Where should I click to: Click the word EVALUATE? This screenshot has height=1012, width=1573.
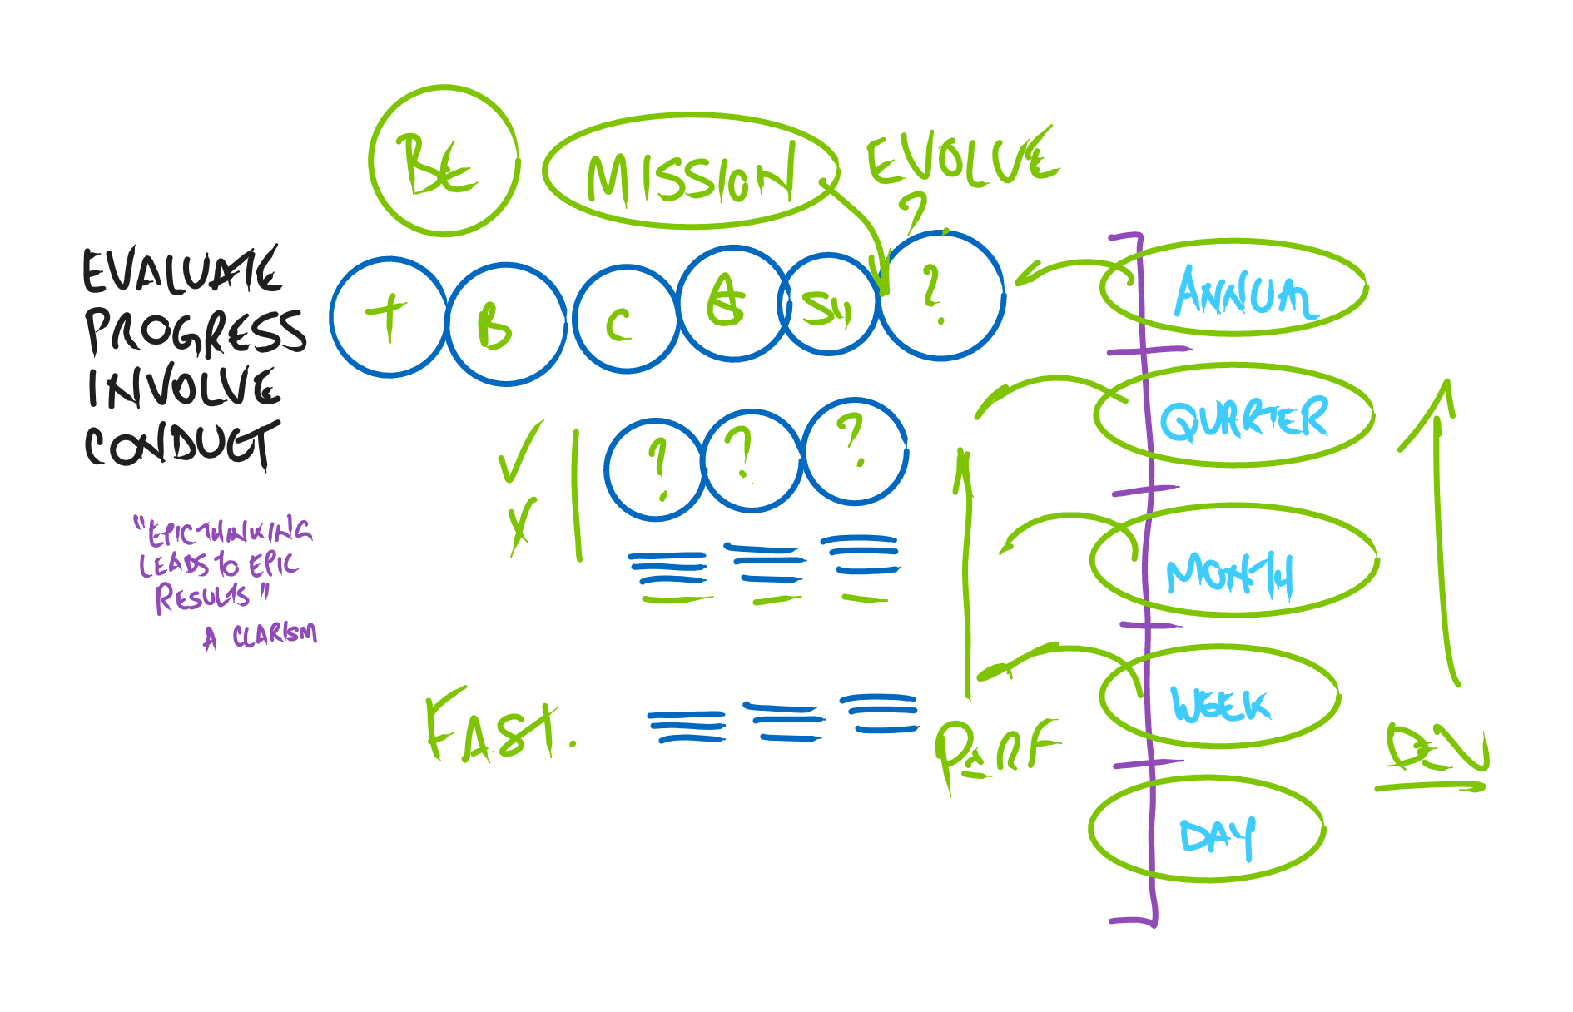coord(181,271)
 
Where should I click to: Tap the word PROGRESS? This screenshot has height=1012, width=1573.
coord(196,331)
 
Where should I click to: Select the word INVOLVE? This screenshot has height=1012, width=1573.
coord(183,388)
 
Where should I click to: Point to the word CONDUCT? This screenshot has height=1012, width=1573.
coord(181,445)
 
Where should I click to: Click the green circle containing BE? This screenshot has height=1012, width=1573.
coord(444,161)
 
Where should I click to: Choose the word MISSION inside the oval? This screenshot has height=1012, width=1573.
coord(690,176)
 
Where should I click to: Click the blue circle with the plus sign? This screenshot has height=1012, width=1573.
coord(389,318)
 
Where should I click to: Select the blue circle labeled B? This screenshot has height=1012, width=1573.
coord(505,325)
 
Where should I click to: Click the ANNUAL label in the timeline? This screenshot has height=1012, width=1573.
coord(1243,293)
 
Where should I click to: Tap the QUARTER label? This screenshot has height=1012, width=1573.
coord(1244,418)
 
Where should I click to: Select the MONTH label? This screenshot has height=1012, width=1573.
coord(1230,573)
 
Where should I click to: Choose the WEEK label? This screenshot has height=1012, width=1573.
coord(1220,704)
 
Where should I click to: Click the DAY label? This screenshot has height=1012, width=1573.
coord(1217,836)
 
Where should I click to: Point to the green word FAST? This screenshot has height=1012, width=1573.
coord(498,728)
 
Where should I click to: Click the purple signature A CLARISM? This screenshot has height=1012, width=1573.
coord(261,636)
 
